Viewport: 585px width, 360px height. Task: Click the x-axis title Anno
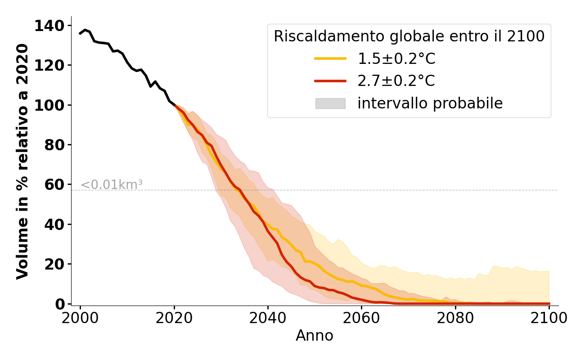pos(315,336)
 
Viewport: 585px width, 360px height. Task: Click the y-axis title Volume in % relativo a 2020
pos(22,161)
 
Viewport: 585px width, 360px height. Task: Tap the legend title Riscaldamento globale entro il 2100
pos(409,36)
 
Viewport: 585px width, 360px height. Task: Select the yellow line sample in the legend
pos(330,58)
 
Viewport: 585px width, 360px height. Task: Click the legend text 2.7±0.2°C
pos(396,81)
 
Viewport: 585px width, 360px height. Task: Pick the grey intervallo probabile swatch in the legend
pos(330,103)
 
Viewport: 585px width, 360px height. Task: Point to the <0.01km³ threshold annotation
pos(112,185)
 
